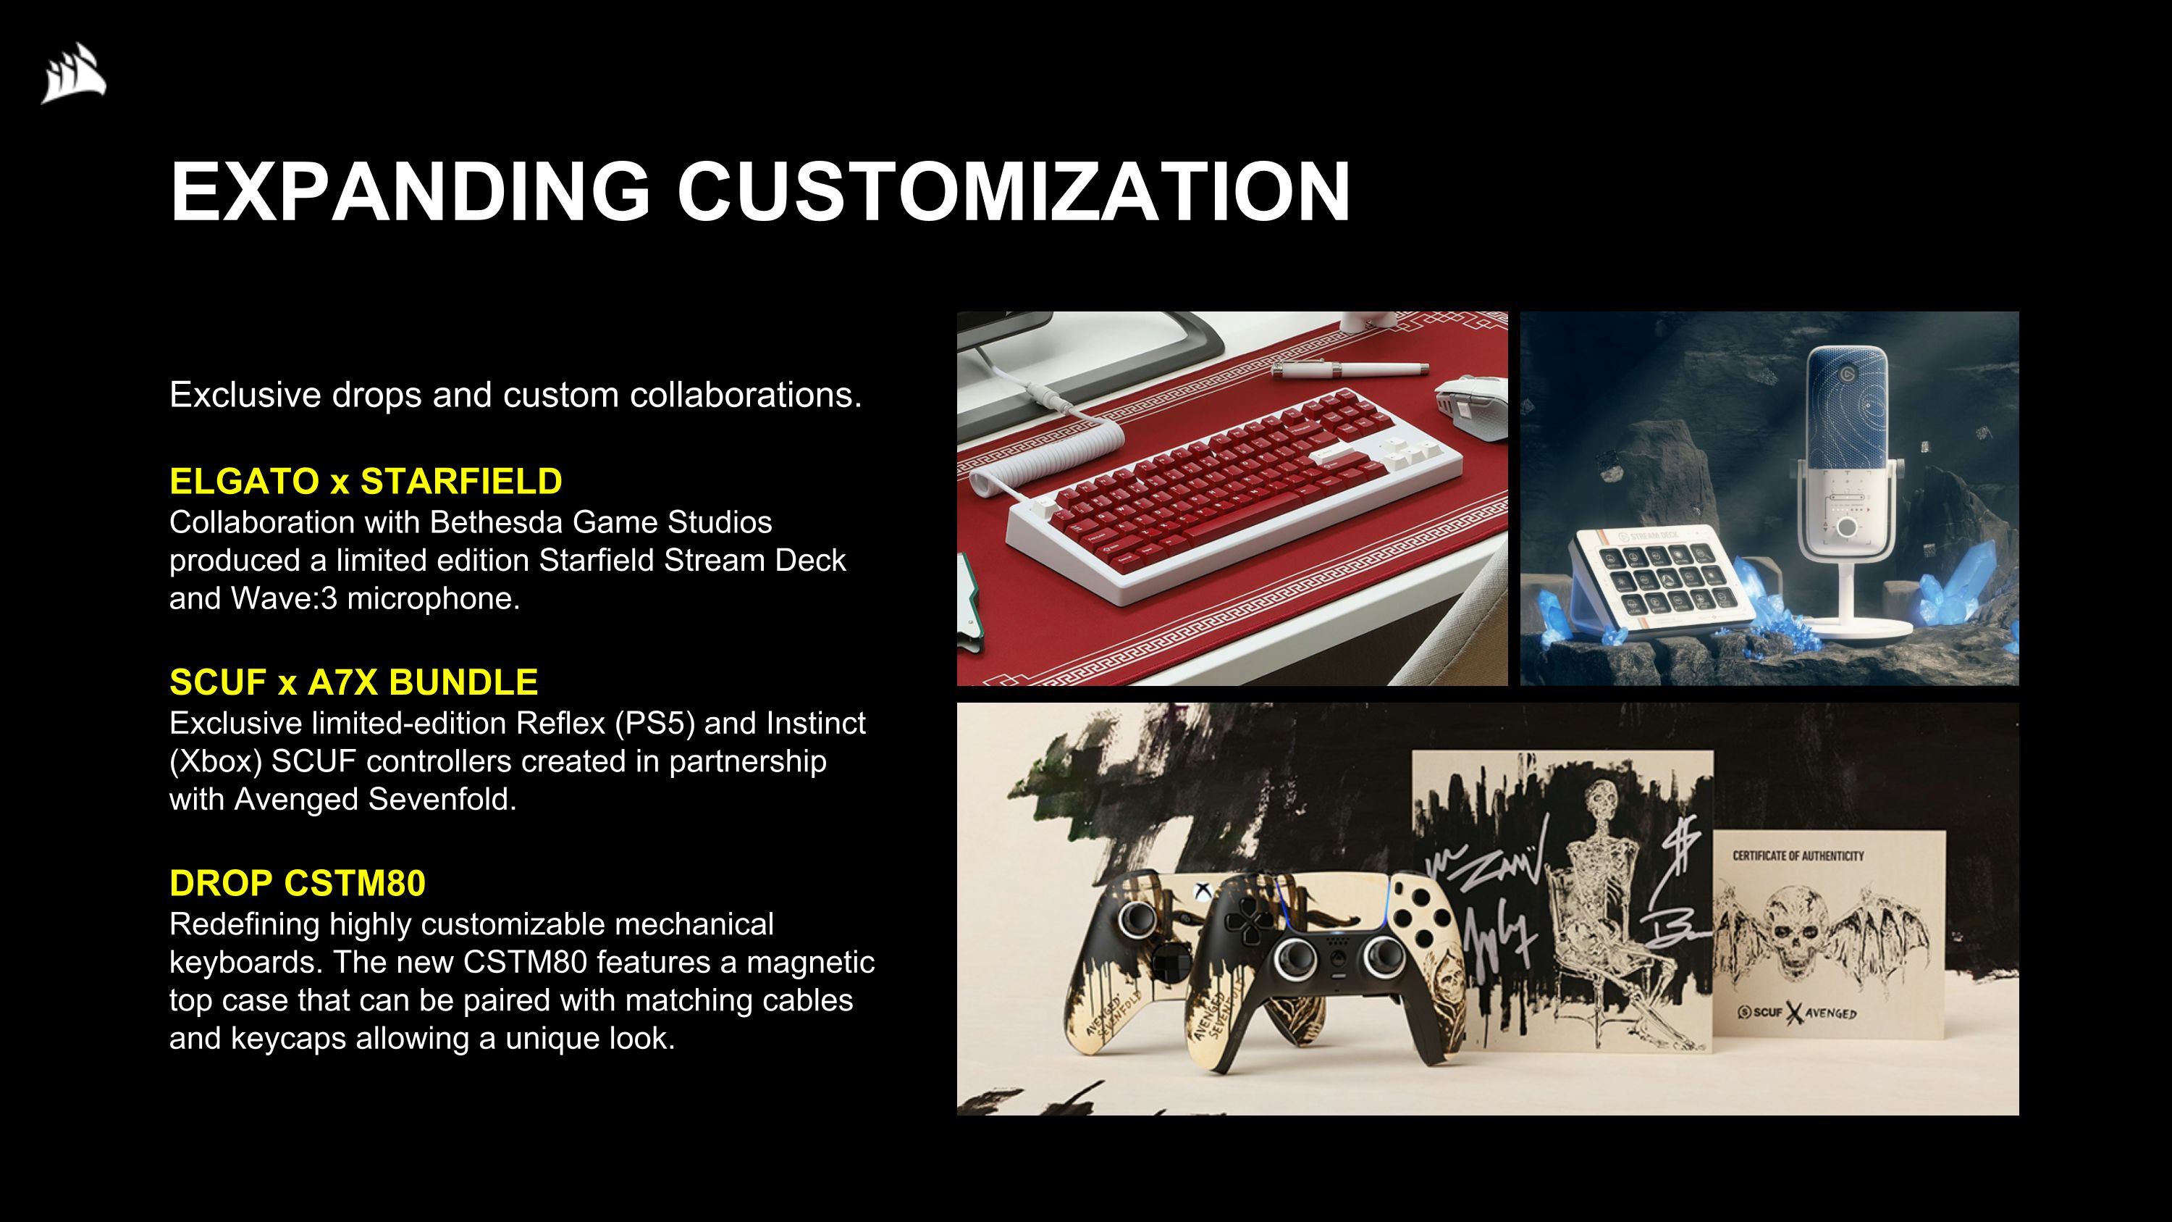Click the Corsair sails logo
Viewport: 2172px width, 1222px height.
coord(74,73)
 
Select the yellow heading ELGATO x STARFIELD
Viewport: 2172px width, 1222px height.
coord(365,482)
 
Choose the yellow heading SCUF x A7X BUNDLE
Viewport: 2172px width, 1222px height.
coord(353,682)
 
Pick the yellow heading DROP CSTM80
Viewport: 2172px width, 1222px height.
coord(297,883)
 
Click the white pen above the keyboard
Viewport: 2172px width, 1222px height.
coord(1349,369)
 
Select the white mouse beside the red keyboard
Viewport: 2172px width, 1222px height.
coord(1472,406)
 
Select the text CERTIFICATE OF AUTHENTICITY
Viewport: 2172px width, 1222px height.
coord(1798,855)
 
